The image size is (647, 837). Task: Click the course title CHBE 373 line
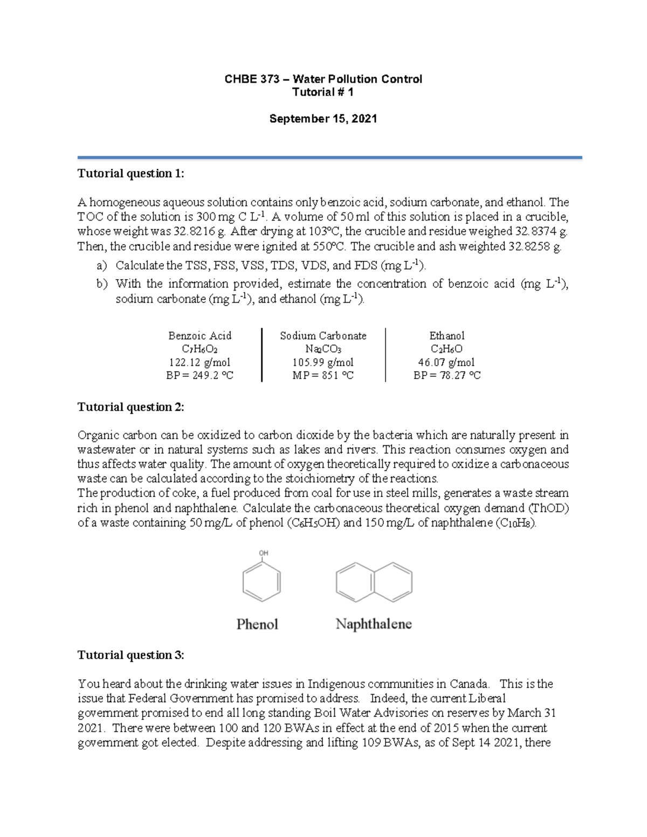tap(323, 79)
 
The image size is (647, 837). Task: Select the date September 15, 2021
tap(323, 119)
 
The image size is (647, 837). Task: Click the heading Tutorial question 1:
tap(130, 174)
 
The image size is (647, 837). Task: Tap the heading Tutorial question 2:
tap(130, 407)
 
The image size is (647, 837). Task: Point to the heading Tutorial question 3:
tap(130, 655)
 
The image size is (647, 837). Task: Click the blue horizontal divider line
tap(329, 157)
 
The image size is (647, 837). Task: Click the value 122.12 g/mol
tap(199, 362)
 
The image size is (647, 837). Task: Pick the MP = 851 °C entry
tap(323, 376)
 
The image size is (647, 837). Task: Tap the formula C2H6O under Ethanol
tap(446, 349)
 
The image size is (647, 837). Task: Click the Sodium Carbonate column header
tap(323, 336)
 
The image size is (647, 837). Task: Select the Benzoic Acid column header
tap(199, 336)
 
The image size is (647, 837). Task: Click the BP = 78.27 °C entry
tap(446, 376)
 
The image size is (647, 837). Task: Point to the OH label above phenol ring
tap(264, 553)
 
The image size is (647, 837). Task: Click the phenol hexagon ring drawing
tap(261, 582)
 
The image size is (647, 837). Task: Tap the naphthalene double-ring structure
tap(374, 582)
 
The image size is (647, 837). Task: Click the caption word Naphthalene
tap(374, 624)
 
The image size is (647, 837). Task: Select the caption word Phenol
tap(257, 624)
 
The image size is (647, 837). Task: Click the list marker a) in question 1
tap(101, 266)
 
